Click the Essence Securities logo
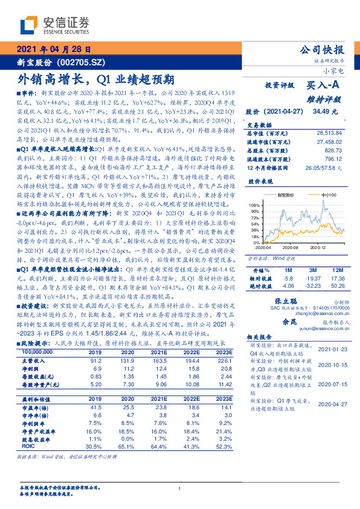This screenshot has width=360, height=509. pyautogui.click(x=54, y=25)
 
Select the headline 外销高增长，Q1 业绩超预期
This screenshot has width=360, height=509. pyautogui.click(x=95, y=79)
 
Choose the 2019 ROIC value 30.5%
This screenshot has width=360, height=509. pyautogui.click(x=94, y=446)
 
